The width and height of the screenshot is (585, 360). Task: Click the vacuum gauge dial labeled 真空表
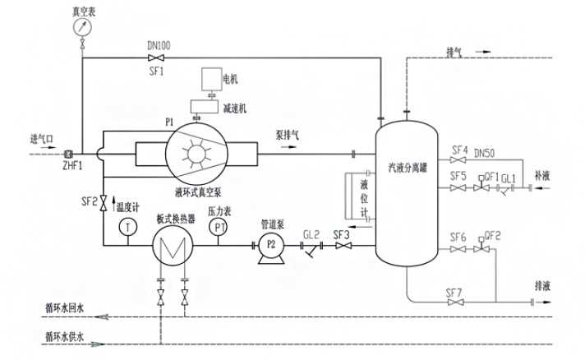point(81,26)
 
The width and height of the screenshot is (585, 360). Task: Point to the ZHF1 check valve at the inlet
point(67,154)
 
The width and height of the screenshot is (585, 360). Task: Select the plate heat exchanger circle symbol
point(173,244)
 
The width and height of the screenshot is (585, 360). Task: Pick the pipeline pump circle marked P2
point(268,245)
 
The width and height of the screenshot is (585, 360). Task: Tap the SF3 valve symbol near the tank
point(343,245)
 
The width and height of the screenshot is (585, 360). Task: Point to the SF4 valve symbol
point(458,160)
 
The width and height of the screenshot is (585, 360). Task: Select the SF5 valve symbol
point(458,187)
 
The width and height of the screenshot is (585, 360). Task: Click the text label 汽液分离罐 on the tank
point(408,167)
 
